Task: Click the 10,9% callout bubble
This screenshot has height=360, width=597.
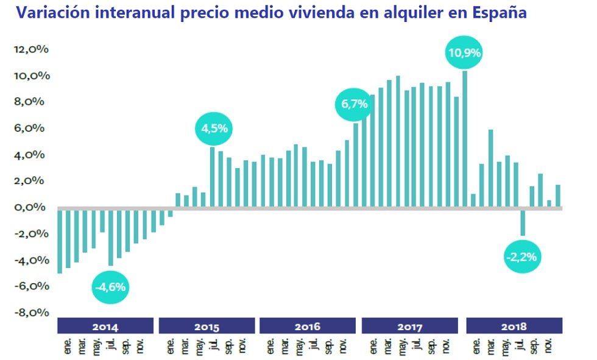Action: tap(464, 53)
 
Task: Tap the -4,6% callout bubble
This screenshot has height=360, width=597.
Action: tap(111, 286)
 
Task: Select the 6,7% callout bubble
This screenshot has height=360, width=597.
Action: tap(354, 104)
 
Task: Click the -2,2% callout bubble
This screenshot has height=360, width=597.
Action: tap(521, 257)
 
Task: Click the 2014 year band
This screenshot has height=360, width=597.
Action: tap(105, 326)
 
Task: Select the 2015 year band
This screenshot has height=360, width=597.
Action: tap(207, 326)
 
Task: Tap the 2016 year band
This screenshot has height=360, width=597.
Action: tap(308, 326)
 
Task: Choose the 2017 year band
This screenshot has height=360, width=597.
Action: tap(410, 326)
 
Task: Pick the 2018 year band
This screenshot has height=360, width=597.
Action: tap(514, 326)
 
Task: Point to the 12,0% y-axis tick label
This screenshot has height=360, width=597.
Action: tap(30, 50)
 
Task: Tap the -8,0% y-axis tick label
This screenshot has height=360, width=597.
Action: tap(30, 312)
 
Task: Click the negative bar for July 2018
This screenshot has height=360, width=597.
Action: tap(523, 222)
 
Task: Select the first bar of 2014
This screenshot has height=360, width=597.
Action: tap(60, 241)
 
